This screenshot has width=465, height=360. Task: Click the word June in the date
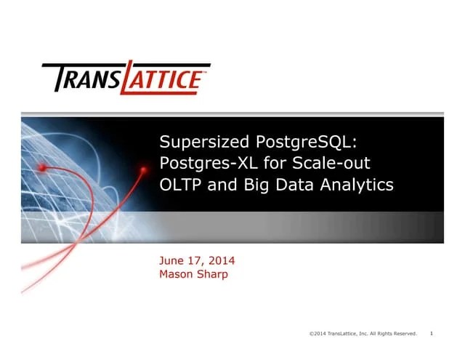[x=171, y=261]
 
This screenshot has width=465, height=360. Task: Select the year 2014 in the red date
[x=219, y=261]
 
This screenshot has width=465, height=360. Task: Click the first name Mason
[x=177, y=274]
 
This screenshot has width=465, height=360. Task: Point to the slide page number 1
[x=432, y=333]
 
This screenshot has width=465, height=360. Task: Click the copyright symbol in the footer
[x=311, y=333]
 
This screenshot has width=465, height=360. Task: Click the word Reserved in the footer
[x=404, y=333]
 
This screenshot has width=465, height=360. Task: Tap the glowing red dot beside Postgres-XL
[x=143, y=169]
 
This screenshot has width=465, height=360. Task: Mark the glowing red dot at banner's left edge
[x=43, y=167]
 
